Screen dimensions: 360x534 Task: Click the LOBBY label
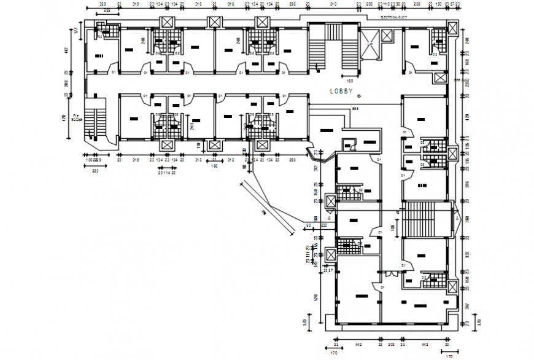point(341,91)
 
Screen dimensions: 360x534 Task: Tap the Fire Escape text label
point(77,117)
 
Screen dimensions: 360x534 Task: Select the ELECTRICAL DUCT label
point(393,17)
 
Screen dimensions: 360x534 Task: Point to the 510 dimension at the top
point(333,4)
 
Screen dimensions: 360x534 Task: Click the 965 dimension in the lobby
point(355,109)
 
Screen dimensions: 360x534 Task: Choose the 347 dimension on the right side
point(467,305)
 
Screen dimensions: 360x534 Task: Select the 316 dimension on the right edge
point(467,184)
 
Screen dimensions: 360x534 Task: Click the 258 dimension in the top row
point(416,4)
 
